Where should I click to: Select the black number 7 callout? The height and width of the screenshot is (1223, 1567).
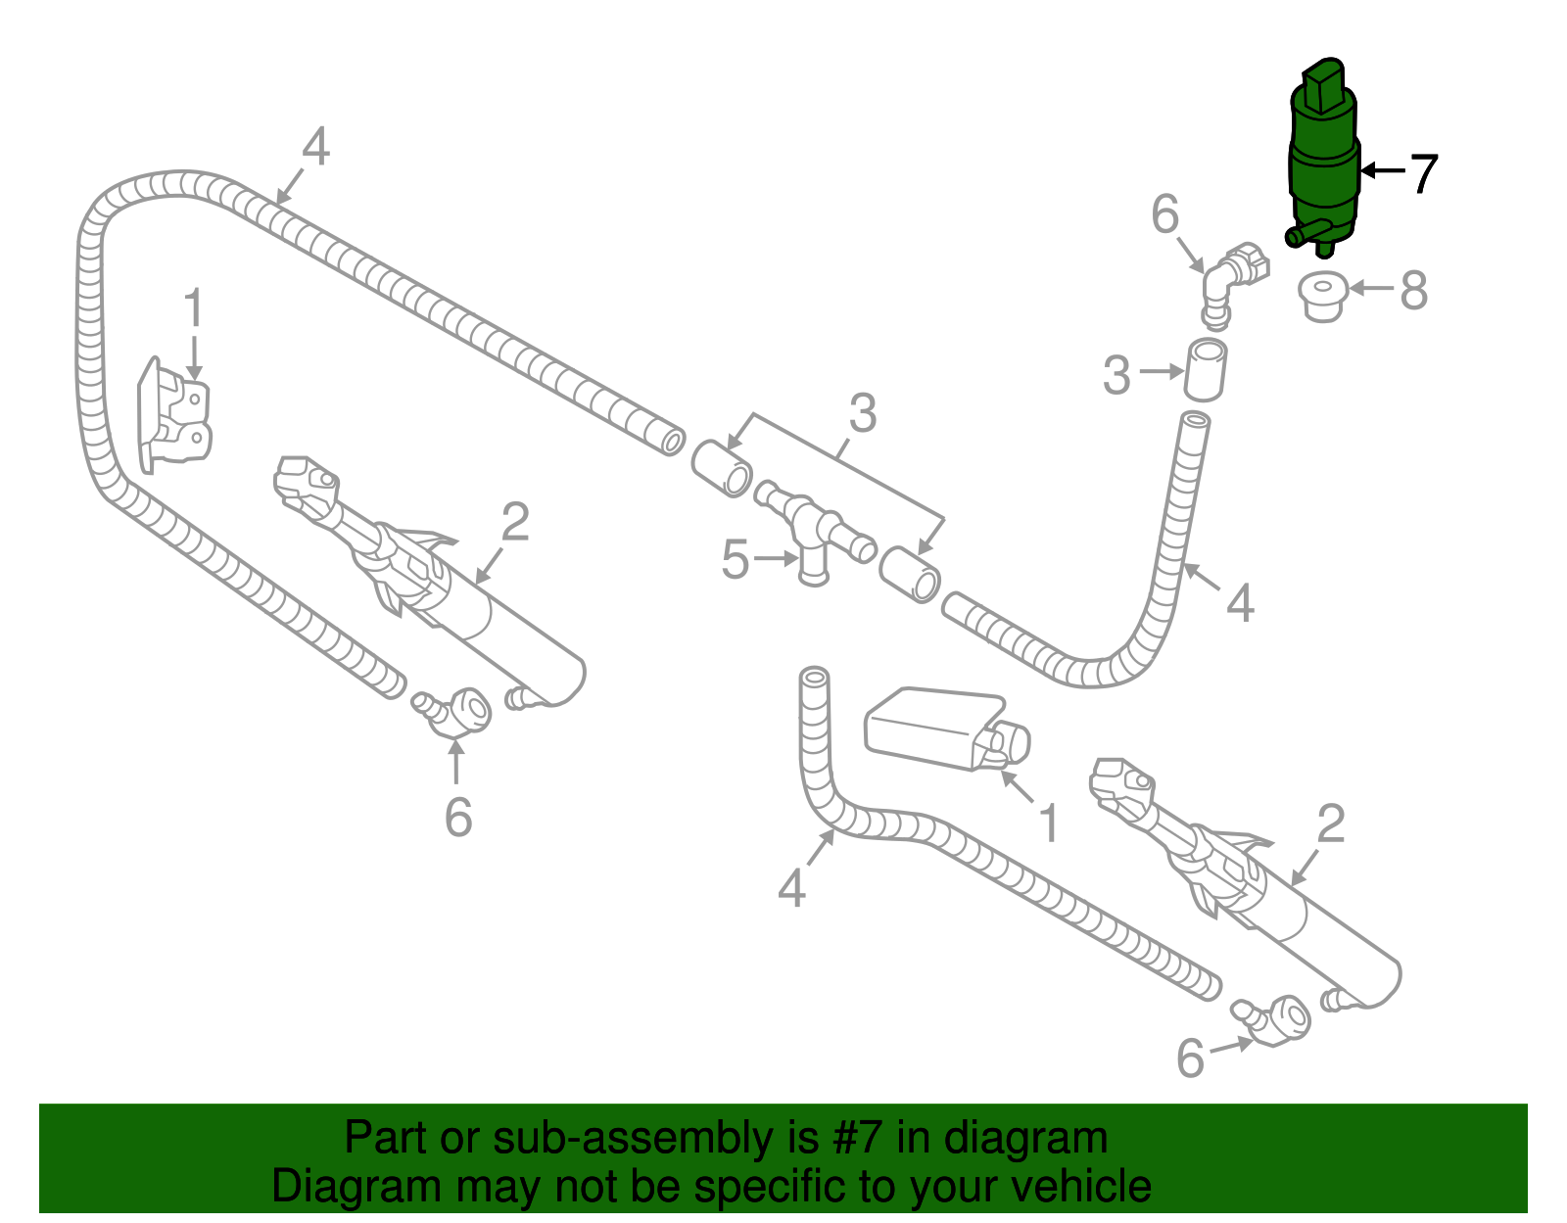click(1422, 173)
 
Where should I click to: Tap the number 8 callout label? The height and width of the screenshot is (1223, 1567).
click(1414, 291)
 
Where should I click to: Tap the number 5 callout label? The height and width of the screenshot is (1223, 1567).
click(736, 560)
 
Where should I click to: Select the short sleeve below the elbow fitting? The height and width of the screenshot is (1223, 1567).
click(1206, 370)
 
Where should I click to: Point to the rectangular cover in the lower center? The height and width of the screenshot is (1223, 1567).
click(935, 728)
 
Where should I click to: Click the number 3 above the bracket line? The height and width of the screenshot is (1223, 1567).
click(862, 413)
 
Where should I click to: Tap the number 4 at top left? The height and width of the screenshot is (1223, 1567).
click(315, 149)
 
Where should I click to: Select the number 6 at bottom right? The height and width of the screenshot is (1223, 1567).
click(1190, 1058)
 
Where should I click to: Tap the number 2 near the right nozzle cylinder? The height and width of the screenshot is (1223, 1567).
click(1331, 824)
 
